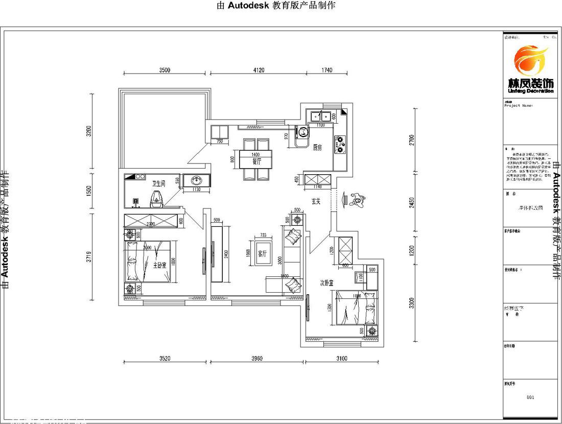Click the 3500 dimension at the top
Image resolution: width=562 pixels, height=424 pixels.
pos(164,70)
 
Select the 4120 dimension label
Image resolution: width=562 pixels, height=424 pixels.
pos(258,70)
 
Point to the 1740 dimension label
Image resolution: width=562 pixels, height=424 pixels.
pos(326,70)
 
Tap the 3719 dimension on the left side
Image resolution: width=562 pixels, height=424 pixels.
pos(89,256)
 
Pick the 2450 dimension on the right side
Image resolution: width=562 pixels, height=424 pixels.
pos(412,203)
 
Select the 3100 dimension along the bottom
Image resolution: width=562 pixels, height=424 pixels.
pos(342,359)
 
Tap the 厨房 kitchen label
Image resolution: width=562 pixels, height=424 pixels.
pos(317,148)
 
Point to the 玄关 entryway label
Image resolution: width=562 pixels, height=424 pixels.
pos(316,201)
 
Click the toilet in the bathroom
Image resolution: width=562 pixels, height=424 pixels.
pos(156,199)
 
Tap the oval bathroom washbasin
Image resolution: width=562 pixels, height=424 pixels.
pos(196,180)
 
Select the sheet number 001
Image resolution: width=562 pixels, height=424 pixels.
pos(530,397)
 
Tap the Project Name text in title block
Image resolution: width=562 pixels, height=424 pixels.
pos(518,106)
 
